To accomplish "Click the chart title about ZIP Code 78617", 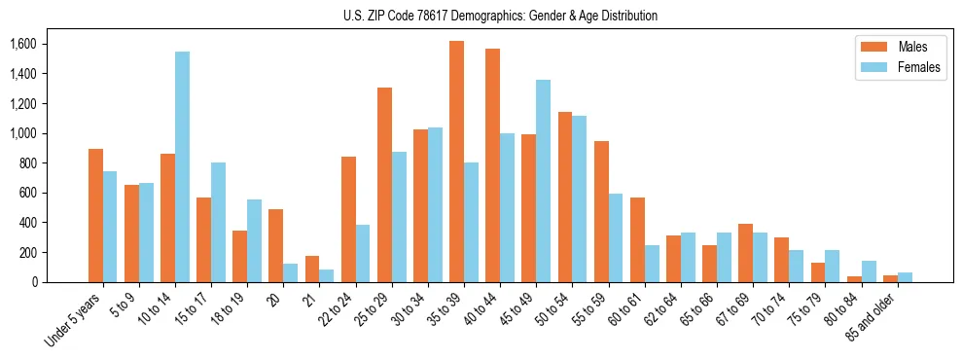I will coord(500,16).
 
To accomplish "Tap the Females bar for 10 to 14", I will coord(182,166).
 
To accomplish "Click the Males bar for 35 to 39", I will coord(456,162).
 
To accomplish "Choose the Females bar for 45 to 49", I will coord(543,181).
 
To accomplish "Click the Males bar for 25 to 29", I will coord(384,185).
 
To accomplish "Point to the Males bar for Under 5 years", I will coord(95,215).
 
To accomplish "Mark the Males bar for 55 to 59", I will coord(601,211).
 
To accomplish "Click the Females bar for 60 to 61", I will coord(652,264).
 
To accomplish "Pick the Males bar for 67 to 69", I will coord(745,253).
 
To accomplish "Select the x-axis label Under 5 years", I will coord(75,320).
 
